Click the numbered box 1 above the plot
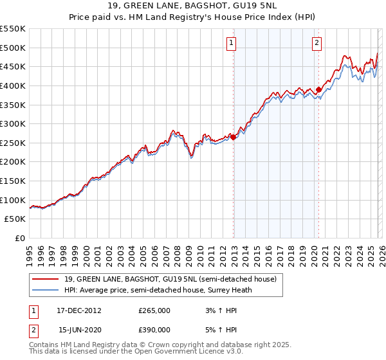231,44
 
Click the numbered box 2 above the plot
317,44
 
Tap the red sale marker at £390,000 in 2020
318,89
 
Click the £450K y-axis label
13,66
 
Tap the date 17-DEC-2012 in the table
80,310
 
